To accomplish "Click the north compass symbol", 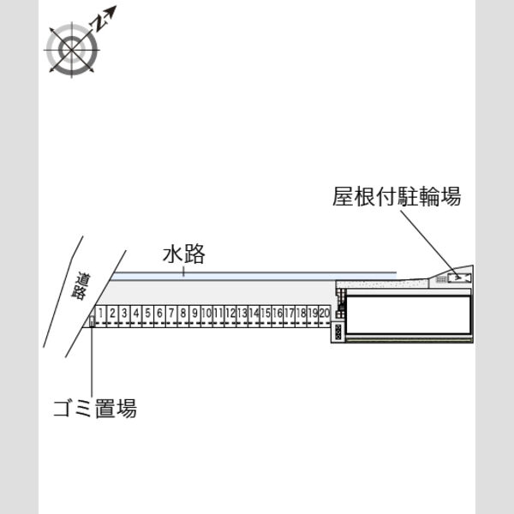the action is tap(72, 49).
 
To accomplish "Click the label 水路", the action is tap(184, 254).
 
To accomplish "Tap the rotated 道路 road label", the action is tap(81, 285).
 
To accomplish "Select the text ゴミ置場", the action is tap(95, 408).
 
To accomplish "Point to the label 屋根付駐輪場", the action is tap(397, 196).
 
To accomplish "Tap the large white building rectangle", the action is tap(409, 314).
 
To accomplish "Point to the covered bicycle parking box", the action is tap(459, 278).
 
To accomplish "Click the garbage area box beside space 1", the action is tap(93, 321).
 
